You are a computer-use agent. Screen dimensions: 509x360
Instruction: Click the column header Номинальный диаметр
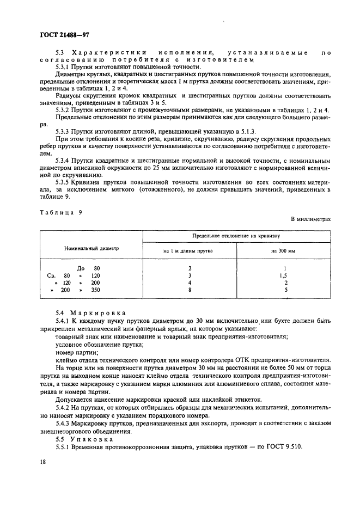click(x=91, y=248)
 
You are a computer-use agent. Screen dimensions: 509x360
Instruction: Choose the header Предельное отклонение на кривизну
click(x=236, y=235)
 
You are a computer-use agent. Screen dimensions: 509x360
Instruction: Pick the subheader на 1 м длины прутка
click(x=190, y=251)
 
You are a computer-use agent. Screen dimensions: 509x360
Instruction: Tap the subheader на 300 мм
click(x=283, y=251)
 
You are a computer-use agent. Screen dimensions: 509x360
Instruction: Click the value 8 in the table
click(x=190, y=290)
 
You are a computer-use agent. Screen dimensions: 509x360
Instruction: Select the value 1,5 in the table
click(x=285, y=275)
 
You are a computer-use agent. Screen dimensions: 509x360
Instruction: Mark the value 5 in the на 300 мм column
click(x=285, y=290)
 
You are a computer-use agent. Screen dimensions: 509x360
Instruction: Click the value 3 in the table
click(x=190, y=275)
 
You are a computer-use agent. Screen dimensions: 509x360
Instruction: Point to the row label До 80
click(x=89, y=268)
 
